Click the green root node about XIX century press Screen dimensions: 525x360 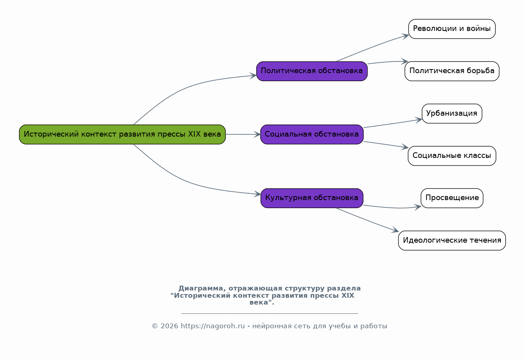click(x=123, y=134)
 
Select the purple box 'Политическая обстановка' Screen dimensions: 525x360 click(x=312, y=71)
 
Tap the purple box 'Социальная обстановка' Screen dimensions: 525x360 click(x=312, y=134)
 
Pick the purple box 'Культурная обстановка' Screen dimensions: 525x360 click(x=312, y=198)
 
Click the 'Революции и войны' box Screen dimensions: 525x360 click(x=452, y=29)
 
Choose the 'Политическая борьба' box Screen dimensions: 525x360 click(x=452, y=71)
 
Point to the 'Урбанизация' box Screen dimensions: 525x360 click(x=452, y=113)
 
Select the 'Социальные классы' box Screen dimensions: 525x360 click(x=452, y=156)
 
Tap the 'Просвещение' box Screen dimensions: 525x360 click(x=452, y=198)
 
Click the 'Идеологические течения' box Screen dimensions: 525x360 click(x=452, y=240)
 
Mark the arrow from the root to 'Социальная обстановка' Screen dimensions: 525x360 click(x=243, y=134)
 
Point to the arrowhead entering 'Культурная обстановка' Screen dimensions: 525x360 click(x=257, y=194)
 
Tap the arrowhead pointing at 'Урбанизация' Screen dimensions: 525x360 click(x=419, y=120)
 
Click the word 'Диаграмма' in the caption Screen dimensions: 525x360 click(x=202, y=288)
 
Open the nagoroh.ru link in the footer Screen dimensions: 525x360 click(x=213, y=326)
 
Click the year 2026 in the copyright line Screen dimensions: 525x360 click(x=169, y=326)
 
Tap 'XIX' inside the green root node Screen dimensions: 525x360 click(x=194, y=134)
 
